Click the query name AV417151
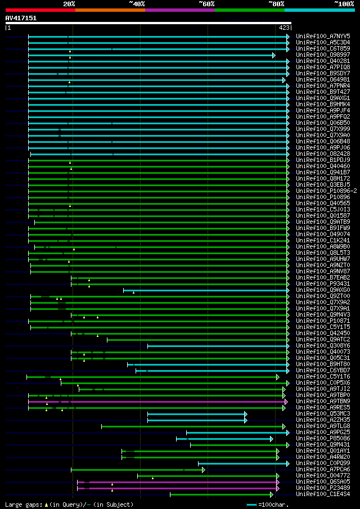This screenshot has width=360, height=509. (21, 18)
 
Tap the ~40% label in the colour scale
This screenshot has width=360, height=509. (137, 3)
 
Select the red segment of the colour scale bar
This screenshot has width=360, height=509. (40, 10)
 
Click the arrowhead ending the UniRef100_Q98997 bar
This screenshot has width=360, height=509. (273, 55)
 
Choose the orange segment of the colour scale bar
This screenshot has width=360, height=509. (110, 10)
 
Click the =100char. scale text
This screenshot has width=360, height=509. (273, 505)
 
